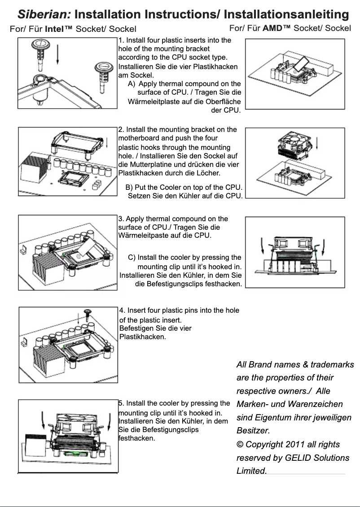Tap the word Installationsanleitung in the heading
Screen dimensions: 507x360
coord(286,14)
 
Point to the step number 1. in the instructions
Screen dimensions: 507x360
coord(121,40)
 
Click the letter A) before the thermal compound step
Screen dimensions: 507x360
coord(132,84)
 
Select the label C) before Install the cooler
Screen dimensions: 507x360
coord(132,258)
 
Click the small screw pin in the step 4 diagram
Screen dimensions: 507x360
coord(88,312)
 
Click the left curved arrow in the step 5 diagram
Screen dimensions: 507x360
coord(43,420)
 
